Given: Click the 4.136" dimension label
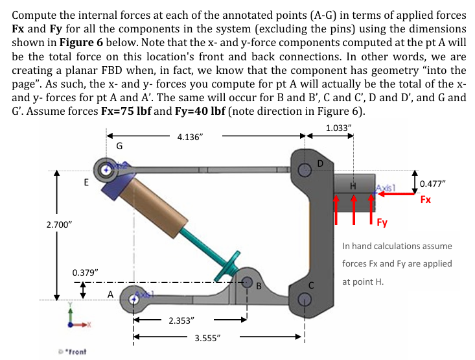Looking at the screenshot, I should point(191,138).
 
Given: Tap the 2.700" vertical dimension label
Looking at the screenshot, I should point(60,224).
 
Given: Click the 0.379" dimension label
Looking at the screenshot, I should point(85,270).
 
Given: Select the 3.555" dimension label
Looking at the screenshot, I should point(209,338).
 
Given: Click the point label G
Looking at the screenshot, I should point(119,147).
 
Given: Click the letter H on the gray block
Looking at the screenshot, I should point(353,186).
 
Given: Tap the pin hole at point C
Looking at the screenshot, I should point(306,299).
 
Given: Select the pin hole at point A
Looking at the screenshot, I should point(135,299).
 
